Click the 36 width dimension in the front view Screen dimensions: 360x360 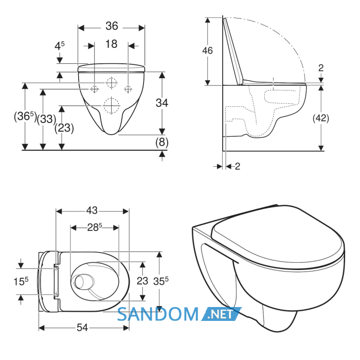coord(112,26)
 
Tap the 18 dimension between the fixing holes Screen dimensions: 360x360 coord(112,44)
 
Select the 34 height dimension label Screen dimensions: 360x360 coord(162,103)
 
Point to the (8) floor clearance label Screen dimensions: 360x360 coord(162,142)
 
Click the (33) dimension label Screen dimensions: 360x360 coord(46,119)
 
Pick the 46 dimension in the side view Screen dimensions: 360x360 coord(207,50)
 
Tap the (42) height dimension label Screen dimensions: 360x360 coord(321,118)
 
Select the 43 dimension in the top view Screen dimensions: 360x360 coord(92,210)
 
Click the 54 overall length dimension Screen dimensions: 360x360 coord(82,328)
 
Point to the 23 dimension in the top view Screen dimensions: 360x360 coord(142,281)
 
